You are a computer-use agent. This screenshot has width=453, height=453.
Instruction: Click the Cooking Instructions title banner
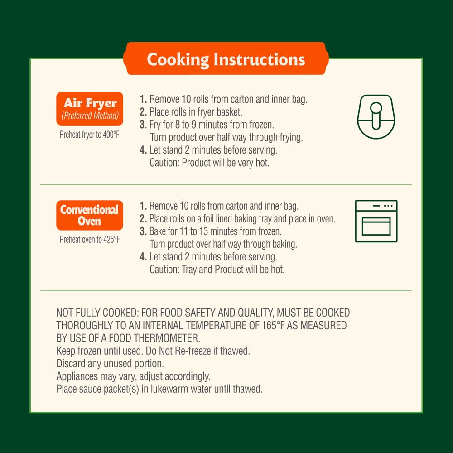(x=226, y=58)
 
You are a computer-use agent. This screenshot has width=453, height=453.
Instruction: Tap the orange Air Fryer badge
(x=90, y=109)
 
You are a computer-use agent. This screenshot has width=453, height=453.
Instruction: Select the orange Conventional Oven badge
(x=90, y=215)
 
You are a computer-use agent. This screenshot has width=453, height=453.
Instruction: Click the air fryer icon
(x=376, y=117)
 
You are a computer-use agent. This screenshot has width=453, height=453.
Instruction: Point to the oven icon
(x=376, y=221)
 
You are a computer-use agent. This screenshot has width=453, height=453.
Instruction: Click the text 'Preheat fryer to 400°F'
(x=90, y=135)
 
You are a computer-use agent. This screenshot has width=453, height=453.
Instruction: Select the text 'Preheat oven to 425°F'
(x=90, y=240)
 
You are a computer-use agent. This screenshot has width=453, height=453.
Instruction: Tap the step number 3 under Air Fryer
(x=143, y=125)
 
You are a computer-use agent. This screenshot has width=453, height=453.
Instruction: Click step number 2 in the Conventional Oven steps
(x=143, y=219)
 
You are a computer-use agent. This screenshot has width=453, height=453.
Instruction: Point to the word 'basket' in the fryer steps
(x=229, y=112)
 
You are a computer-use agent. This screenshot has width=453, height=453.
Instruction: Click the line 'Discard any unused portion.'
(x=110, y=363)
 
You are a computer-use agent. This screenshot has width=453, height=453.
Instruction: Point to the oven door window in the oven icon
(x=376, y=226)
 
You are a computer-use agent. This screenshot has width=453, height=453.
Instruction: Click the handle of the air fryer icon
(x=376, y=116)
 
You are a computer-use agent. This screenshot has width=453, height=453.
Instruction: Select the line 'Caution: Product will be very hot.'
(x=209, y=163)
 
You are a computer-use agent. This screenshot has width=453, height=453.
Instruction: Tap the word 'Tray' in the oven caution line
(x=189, y=270)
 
